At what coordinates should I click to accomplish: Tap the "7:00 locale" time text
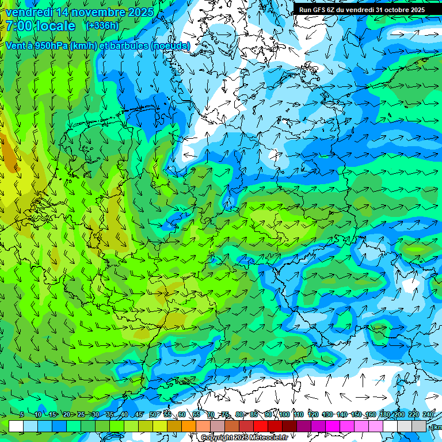tap(40, 26)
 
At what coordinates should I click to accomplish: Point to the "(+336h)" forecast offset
tap(102, 26)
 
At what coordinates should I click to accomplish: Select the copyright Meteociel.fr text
tap(244, 438)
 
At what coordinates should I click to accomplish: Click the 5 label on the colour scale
tap(22, 414)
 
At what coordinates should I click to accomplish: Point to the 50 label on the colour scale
tap(153, 414)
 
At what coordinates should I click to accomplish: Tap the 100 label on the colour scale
tap(284, 414)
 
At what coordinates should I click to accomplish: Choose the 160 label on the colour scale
tap(371, 414)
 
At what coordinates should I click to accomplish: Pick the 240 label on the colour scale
tap(428, 414)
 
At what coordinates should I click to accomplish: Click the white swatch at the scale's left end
tap(16, 426)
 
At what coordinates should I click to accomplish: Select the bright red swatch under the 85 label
tap(261, 426)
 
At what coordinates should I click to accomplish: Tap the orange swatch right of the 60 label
tap(189, 426)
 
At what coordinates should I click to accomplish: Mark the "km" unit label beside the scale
tap(437, 427)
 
